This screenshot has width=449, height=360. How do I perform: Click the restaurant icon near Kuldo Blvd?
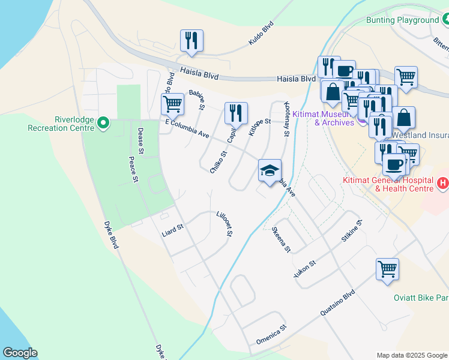191,40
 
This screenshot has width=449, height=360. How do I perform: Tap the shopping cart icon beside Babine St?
172,104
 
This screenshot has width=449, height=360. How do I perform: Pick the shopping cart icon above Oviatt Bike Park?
387,268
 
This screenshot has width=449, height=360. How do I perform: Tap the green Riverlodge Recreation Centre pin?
103,124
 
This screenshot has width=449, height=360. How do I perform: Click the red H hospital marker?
442,182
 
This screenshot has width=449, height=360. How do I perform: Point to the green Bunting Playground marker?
445,20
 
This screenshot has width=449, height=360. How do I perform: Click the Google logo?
20,352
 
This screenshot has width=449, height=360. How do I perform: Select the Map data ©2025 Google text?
411,355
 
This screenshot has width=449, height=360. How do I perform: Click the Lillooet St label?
224,223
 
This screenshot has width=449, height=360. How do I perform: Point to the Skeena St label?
281,239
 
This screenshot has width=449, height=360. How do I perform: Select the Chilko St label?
218,162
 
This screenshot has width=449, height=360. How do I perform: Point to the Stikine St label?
352,230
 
